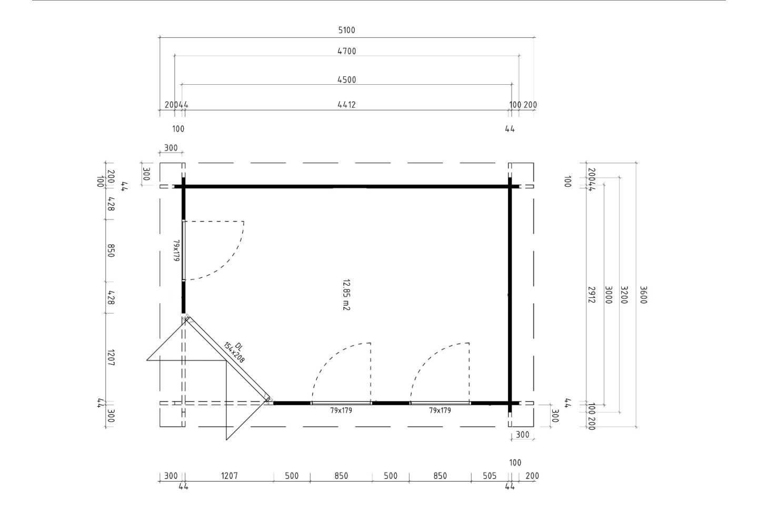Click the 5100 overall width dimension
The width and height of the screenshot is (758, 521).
tap(346, 30)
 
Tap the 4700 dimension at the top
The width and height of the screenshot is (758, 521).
tap(346, 51)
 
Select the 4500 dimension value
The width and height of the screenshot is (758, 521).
tap(346, 79)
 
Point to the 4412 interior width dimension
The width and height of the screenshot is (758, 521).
tap(346, 105)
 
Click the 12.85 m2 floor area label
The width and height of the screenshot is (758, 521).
tap(346, 295)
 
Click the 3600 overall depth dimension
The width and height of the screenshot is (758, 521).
tap(643, 295)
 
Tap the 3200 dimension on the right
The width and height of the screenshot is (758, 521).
tap(624, 295)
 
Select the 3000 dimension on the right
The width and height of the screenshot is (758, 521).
tap(609, 295)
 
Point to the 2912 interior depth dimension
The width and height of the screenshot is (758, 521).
tap(592, 295)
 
